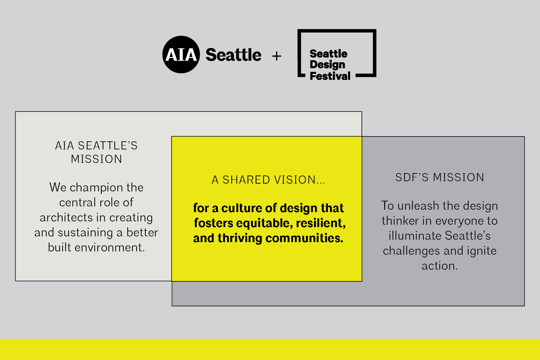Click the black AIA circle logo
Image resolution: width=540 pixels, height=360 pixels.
pos(181,55)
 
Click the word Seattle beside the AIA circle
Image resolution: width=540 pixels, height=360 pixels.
pos(233,55)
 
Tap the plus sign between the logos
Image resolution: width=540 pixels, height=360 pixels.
pos(277,56)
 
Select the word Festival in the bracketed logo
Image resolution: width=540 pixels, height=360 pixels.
pos(330,76)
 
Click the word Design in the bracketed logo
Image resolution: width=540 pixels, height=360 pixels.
pos(327,64)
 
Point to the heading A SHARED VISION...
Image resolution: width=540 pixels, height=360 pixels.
pos(268,180)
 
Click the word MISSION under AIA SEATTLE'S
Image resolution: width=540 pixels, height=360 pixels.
pos(96,159)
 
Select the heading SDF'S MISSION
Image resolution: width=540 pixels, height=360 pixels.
pos(439,177)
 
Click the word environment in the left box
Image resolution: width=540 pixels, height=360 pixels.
pos(109,247)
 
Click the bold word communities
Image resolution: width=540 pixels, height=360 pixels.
pos(304,238)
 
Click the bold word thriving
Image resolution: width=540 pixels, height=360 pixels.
pos(240,238)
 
